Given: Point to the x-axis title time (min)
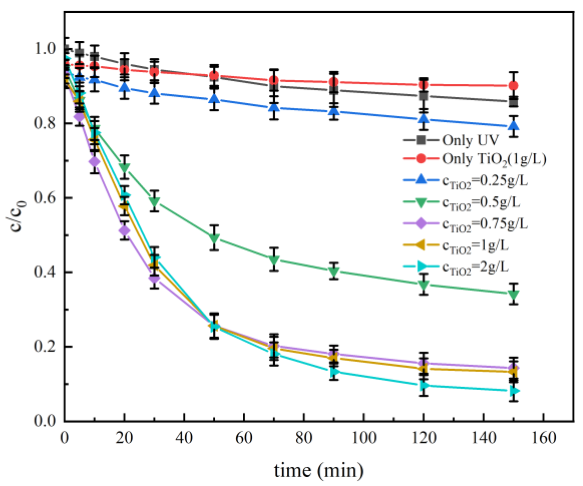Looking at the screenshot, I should coord(319,471).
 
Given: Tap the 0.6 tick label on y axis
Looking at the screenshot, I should coord(45,198).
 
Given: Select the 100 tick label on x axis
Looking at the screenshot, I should coord(364,437).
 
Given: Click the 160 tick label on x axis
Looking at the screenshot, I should coord(544,437).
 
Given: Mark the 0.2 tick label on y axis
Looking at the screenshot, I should coord(45,347).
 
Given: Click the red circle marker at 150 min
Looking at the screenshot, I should coord(514,86).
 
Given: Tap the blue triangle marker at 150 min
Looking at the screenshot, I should coord(514,126).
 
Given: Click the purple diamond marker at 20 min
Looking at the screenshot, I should coord(124,231).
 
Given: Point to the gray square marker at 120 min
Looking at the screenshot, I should coord(424,96).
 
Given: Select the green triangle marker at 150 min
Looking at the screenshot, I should coord(514,295).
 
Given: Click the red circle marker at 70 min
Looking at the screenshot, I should coord(274,81).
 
